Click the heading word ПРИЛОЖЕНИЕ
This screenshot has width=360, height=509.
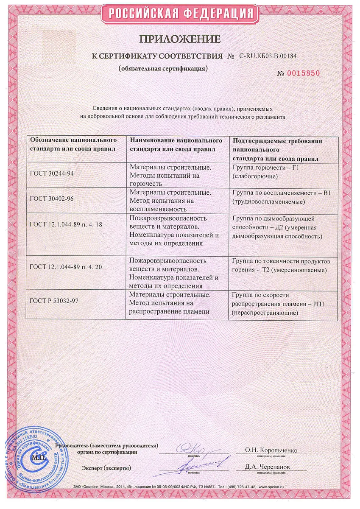click(180, 39)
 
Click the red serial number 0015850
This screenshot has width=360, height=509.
click(303, 73)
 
